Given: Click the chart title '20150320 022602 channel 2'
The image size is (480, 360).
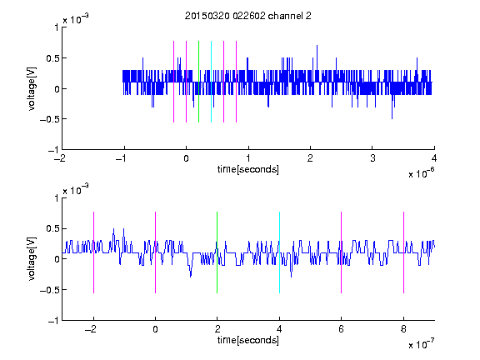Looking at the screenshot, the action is pyautogui.click(x=248, y=16).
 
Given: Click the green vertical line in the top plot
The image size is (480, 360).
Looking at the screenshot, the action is pyautogui.click(x=198, y=82).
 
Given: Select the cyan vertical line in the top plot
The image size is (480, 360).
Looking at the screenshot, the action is pyautogui.click(x=211, y=82).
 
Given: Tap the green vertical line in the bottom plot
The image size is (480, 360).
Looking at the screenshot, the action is pyautogui.click(x=217, y=252).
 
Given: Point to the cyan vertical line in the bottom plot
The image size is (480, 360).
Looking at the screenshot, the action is pyautogui.click(x=279, y=252).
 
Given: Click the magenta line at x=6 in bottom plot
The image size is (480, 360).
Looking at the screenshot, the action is pyautogui.click(x=342, y=252).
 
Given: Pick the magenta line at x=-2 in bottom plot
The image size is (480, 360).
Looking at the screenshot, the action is pyautogui.click(x=93, y=252).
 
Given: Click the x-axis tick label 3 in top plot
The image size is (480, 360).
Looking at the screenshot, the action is pyautogui.click(x=372, y=158).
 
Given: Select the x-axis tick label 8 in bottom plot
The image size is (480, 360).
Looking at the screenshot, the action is pyautogui.click(x=403, y=329).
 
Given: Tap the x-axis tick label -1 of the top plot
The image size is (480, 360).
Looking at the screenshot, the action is pyautogui.click(x=122, y=158).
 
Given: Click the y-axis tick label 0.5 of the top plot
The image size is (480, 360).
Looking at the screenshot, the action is pyautogui.click(x=52, y=58).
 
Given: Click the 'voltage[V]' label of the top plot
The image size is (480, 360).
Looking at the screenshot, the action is pyautogui.click(x=32, y=88).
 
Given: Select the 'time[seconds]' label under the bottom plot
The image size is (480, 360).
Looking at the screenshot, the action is pyautogui.click(x=248, y=340).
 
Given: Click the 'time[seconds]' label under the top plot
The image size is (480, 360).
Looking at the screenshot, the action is pyautogui.click(x=248, y=169).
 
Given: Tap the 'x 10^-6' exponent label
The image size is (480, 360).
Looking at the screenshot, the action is pyautogui.click(x=421, y=173).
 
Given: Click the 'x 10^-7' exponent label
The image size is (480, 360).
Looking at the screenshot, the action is pyautogui.click(x=421, y=344).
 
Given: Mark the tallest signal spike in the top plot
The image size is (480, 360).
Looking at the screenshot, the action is pyautogui.click(x=317, y=45).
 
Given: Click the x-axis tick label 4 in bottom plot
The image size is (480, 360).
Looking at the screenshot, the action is pyautogui.click(x=279, y=329).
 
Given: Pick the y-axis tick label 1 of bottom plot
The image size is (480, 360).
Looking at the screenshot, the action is pyautogui.click(x=57, y=198).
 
